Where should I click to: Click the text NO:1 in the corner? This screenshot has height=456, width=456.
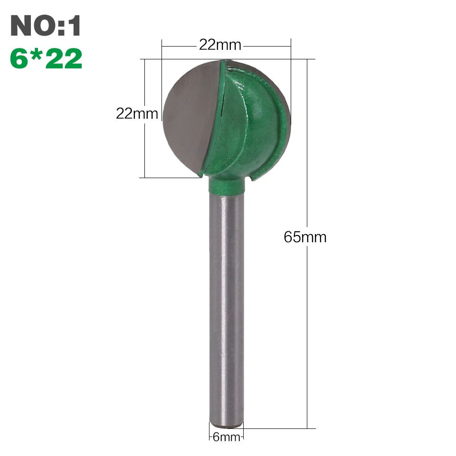(46, 26)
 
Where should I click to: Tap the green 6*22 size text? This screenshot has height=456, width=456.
(46, 59)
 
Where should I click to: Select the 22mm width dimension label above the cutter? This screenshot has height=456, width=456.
(220, 45)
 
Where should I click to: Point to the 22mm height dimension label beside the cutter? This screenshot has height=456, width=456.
(137, 114)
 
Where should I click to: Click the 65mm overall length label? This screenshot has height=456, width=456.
(305, 237)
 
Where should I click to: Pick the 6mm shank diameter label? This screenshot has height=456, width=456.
(226, 437)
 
